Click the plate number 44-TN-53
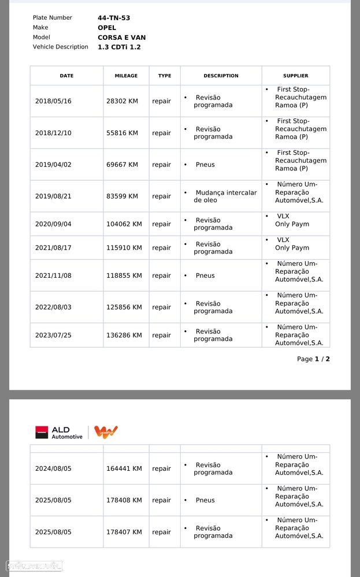tap(114, 18)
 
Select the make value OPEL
tap(107, 28)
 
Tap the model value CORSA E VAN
tap(121, 38)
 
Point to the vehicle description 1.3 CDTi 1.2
tap(119, 47)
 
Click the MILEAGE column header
tap(126, 76)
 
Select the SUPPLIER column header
tap(295, 76)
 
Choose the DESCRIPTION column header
tap(221, 76)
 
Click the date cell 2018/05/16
tap(53, 101)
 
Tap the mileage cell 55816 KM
tap(122, 133)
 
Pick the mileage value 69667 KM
tap(122, 165)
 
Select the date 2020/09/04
tap(53, 224)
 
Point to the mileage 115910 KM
tap(124, 248)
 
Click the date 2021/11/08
tap(53, 276)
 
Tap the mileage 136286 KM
tap(124, 335)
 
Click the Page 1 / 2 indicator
tap(313, 359)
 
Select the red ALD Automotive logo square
tap(42, 432)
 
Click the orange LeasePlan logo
tap(106, 432)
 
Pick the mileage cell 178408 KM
tap(124, 500)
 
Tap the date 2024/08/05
tap(53, 468)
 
